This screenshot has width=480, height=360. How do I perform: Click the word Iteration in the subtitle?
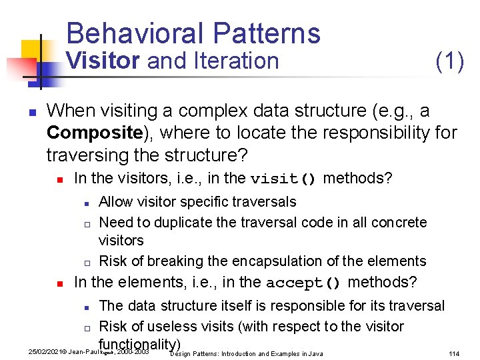235,61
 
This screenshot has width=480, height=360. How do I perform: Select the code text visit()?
283,179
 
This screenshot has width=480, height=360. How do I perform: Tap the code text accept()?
303,283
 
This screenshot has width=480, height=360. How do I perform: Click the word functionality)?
140,344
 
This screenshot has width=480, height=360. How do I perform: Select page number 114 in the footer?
455,353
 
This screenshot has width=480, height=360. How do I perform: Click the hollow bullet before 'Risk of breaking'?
87,262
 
